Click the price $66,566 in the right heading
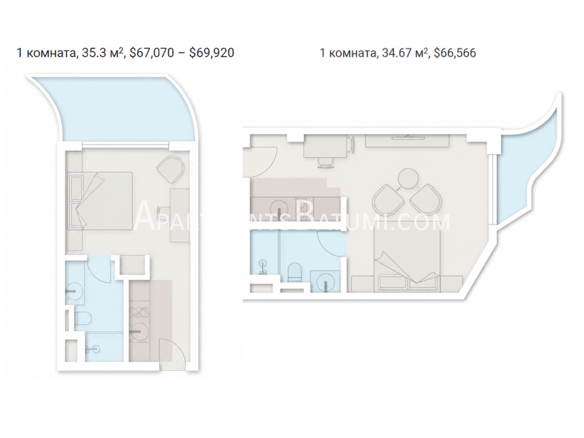(455, 53)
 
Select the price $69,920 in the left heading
(211, 53)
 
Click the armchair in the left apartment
(171, 169)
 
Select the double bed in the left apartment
(100, 200)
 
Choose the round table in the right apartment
(408, 178)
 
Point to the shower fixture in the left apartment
(93, 349)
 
